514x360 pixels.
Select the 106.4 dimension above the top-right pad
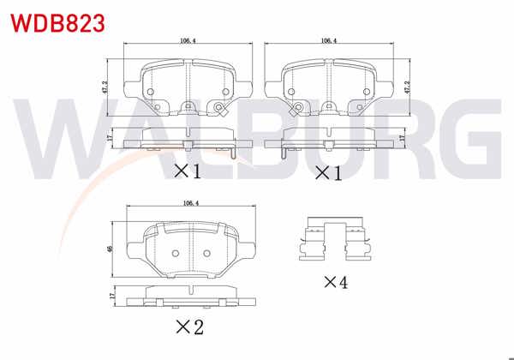(x=328, y=39)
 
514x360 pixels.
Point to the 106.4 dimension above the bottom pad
(x=191, y=202)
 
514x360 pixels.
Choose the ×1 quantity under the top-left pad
(x=188, y=171)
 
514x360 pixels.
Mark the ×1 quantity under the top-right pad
(x=328, y=172)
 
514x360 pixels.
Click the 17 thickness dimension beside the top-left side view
(x=108, y=137)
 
